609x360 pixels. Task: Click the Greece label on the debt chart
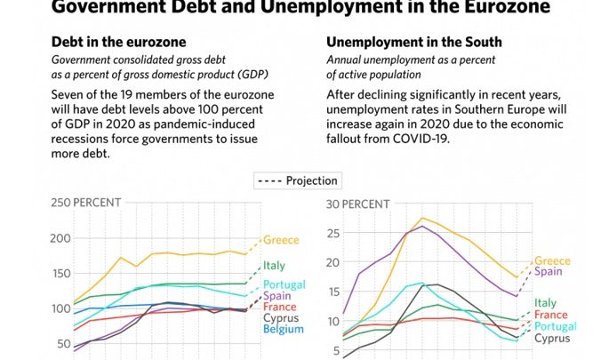pos(281,240)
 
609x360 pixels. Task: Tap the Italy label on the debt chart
pos(274,266)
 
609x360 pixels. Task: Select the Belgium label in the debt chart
pos(282,330)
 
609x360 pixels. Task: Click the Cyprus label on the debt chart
pos(280,319)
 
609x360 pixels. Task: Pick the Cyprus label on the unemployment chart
pos(551,338)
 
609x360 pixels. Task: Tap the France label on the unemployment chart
pos(551,315)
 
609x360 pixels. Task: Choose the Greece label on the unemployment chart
pos(552,261)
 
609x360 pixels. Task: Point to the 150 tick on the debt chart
pos(60,274)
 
